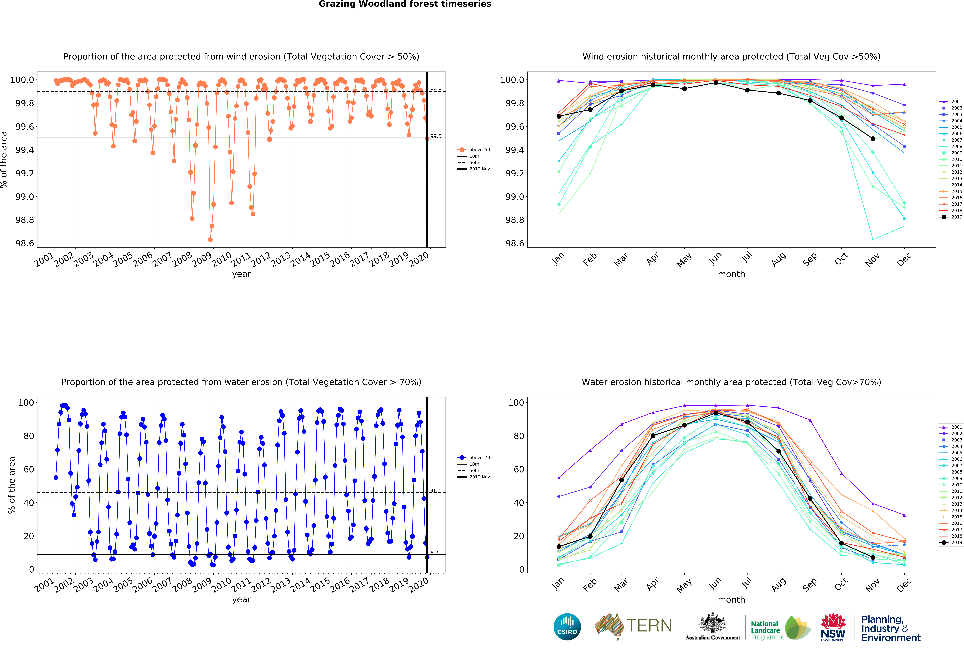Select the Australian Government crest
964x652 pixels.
pyautogui.click(x=712, y=623)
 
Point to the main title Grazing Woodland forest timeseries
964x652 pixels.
pyautogui.click(x=405, y=4)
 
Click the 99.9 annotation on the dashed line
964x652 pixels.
pyautogui.click(x=436, y=90)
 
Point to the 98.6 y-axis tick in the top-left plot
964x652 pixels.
pyautogui.click(x=25, y=244)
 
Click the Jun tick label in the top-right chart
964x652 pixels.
pyautogui.click(x=715, y=259)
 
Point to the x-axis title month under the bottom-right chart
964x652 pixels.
pyautogui.click(x=731, y=600)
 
